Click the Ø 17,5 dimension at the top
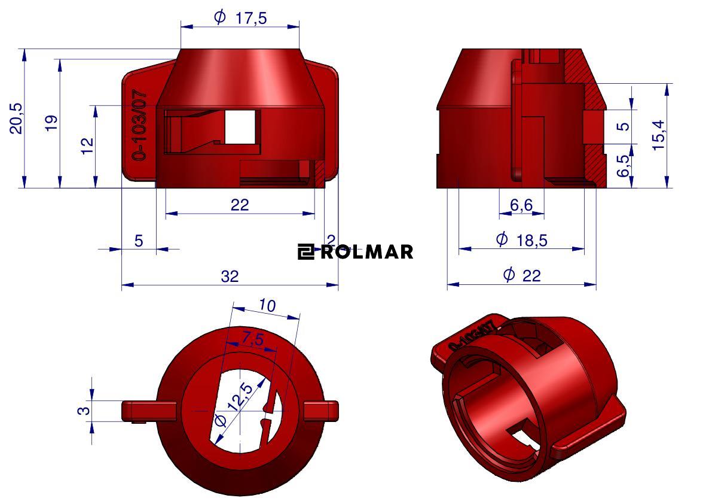pos(240,18)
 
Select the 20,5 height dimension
pos(16,118)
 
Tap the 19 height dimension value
pos(51,123)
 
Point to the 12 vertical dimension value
pos(87,145)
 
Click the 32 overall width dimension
pos(230,276)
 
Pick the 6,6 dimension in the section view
pos(521,205)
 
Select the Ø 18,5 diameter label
pos(522,239)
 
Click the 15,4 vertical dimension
pos(658,135)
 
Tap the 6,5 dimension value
pos(623,165)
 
